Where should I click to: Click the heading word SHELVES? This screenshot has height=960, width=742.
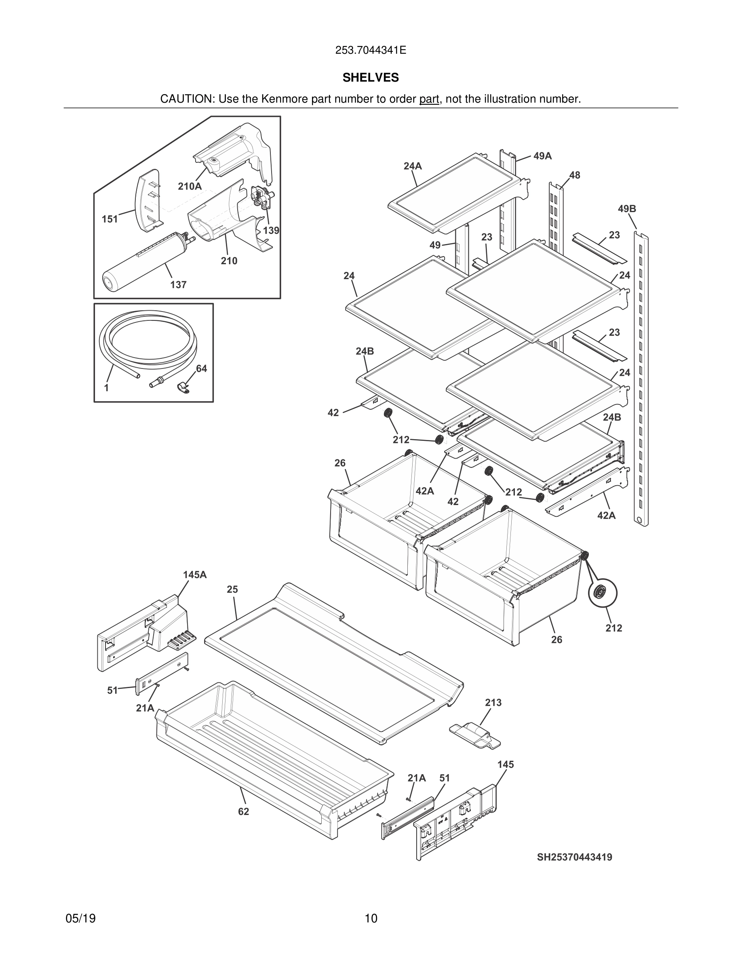coord(371,78)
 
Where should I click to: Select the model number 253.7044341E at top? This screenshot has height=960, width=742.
coord(371,50)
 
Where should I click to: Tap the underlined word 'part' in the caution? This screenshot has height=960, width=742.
coord(429,99)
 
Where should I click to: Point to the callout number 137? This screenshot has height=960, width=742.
coord(179,285)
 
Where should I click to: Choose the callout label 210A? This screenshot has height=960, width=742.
coord(190,186)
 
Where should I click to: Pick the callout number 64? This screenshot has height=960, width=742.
coord(201,368)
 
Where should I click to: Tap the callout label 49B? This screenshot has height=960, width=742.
coord(627,209)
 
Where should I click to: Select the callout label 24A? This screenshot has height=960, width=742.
coord(413,166)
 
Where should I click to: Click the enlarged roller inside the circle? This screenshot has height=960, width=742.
coord(602,593)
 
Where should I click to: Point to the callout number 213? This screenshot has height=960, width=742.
coord(493,702)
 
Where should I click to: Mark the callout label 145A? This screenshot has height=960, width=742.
coord(195,575)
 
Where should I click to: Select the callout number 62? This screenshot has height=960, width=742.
coord(244,812)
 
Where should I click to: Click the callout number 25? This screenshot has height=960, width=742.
coord(232,589)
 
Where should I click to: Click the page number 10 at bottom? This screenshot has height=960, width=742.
coord(371,919)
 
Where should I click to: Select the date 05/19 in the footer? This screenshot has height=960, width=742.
coord(80,919)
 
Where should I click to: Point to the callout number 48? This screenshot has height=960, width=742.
coord(575,175)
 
